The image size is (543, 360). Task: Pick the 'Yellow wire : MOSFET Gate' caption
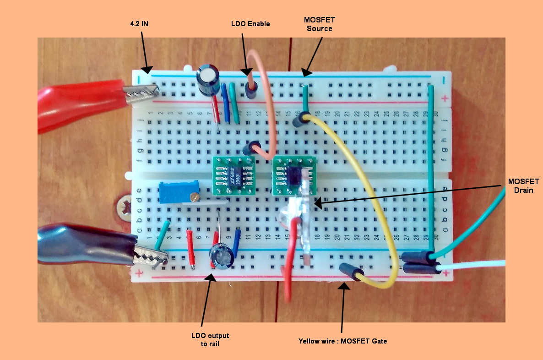pyautogui.click(x=342, y=341)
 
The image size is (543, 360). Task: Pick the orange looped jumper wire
pyautogui.click(x=266, y=115)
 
